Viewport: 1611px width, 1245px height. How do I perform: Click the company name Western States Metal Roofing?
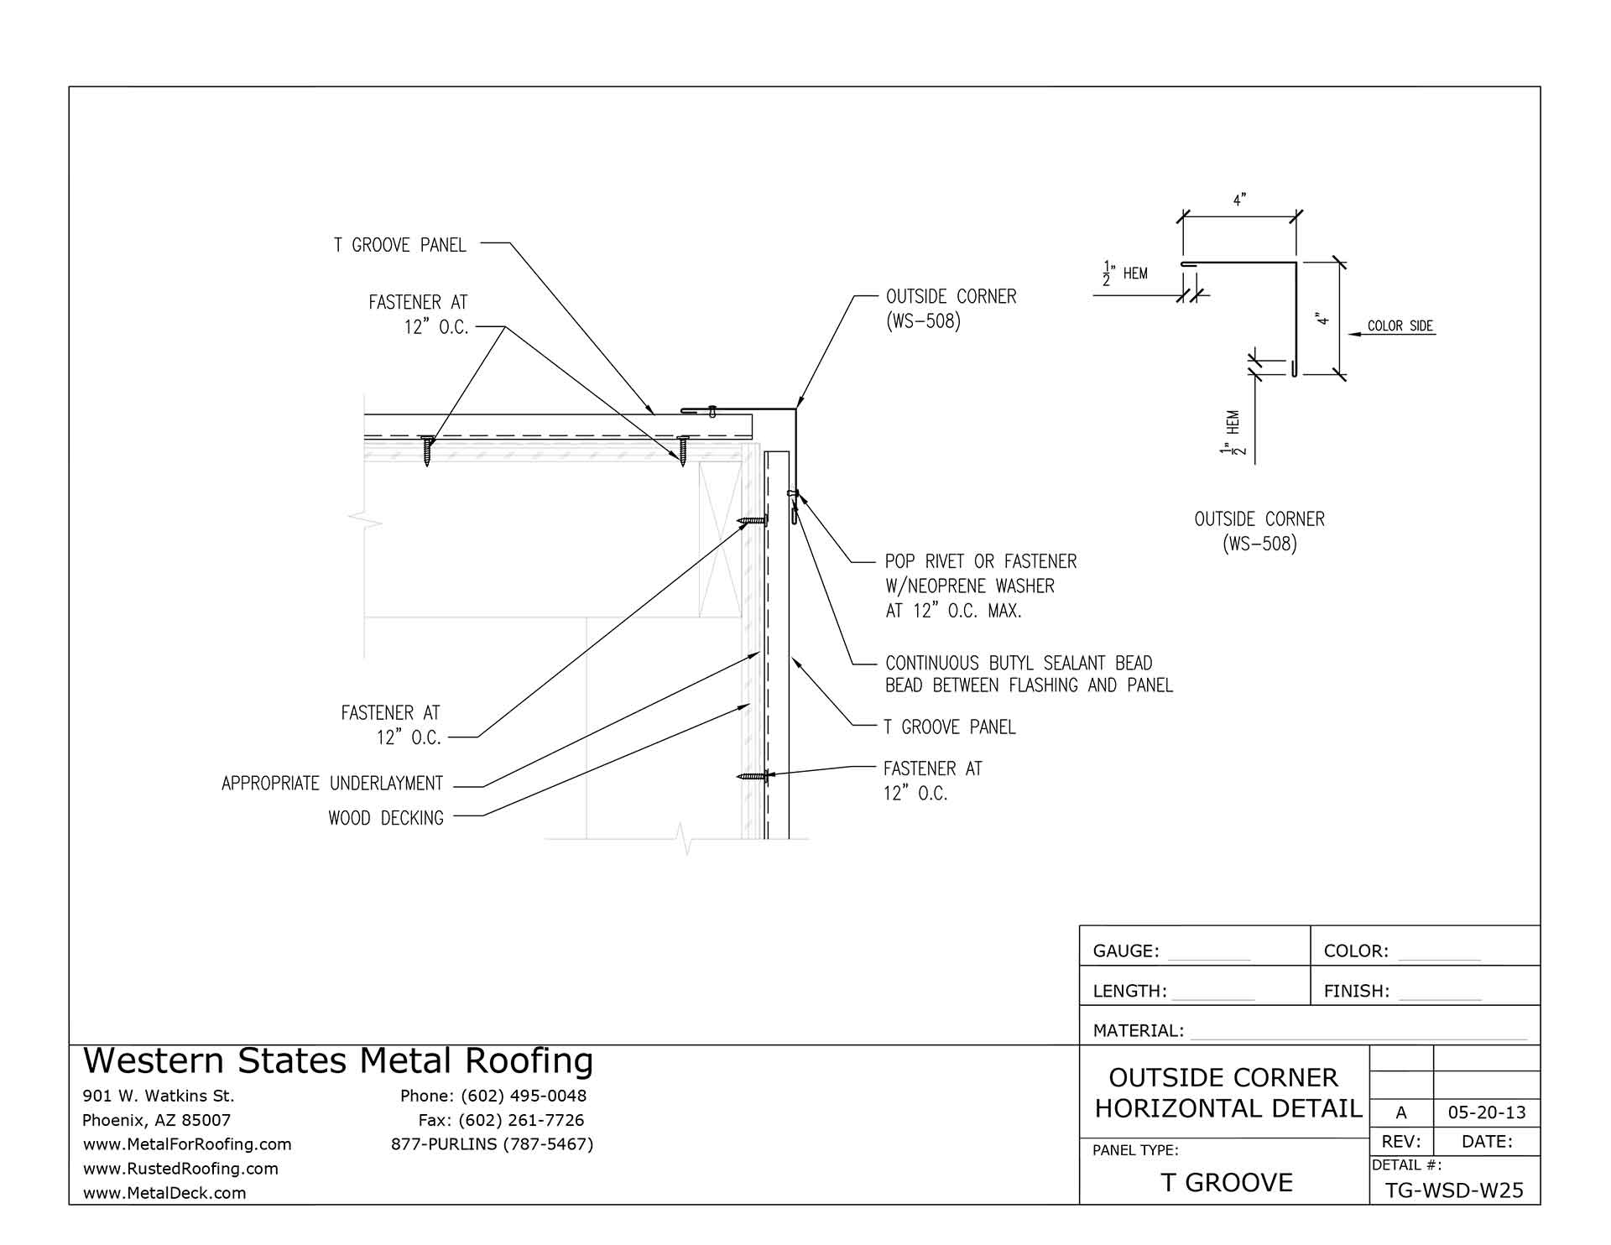338,1060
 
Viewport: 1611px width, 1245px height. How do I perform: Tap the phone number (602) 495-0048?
523,1096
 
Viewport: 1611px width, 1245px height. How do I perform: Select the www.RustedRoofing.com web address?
180,1169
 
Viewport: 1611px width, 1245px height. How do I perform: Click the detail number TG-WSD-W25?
1455,1190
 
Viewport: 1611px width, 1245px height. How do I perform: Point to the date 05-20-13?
1487,1113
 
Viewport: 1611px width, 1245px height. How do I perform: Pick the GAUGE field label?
1126,951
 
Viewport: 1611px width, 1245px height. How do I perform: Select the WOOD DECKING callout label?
386,818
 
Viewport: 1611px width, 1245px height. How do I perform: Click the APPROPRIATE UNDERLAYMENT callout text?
332,784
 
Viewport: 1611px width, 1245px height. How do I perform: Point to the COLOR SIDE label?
1400,326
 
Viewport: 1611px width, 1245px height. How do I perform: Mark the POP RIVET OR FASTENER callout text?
981,561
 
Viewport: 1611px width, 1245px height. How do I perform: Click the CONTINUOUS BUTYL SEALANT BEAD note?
1019,664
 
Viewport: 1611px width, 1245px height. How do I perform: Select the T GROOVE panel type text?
1227,1182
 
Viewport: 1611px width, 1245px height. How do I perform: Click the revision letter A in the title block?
1401,1113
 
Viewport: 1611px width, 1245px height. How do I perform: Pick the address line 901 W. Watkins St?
159,1096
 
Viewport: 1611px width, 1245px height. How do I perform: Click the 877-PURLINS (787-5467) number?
493,1144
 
